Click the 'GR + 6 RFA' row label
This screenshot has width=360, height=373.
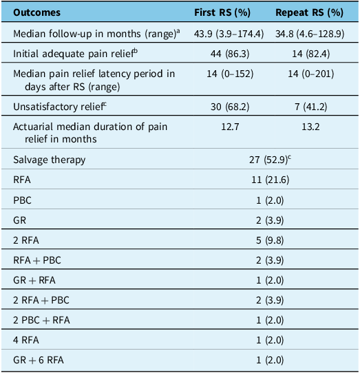point(39,360)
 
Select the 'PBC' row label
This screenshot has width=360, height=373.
point(22,200)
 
